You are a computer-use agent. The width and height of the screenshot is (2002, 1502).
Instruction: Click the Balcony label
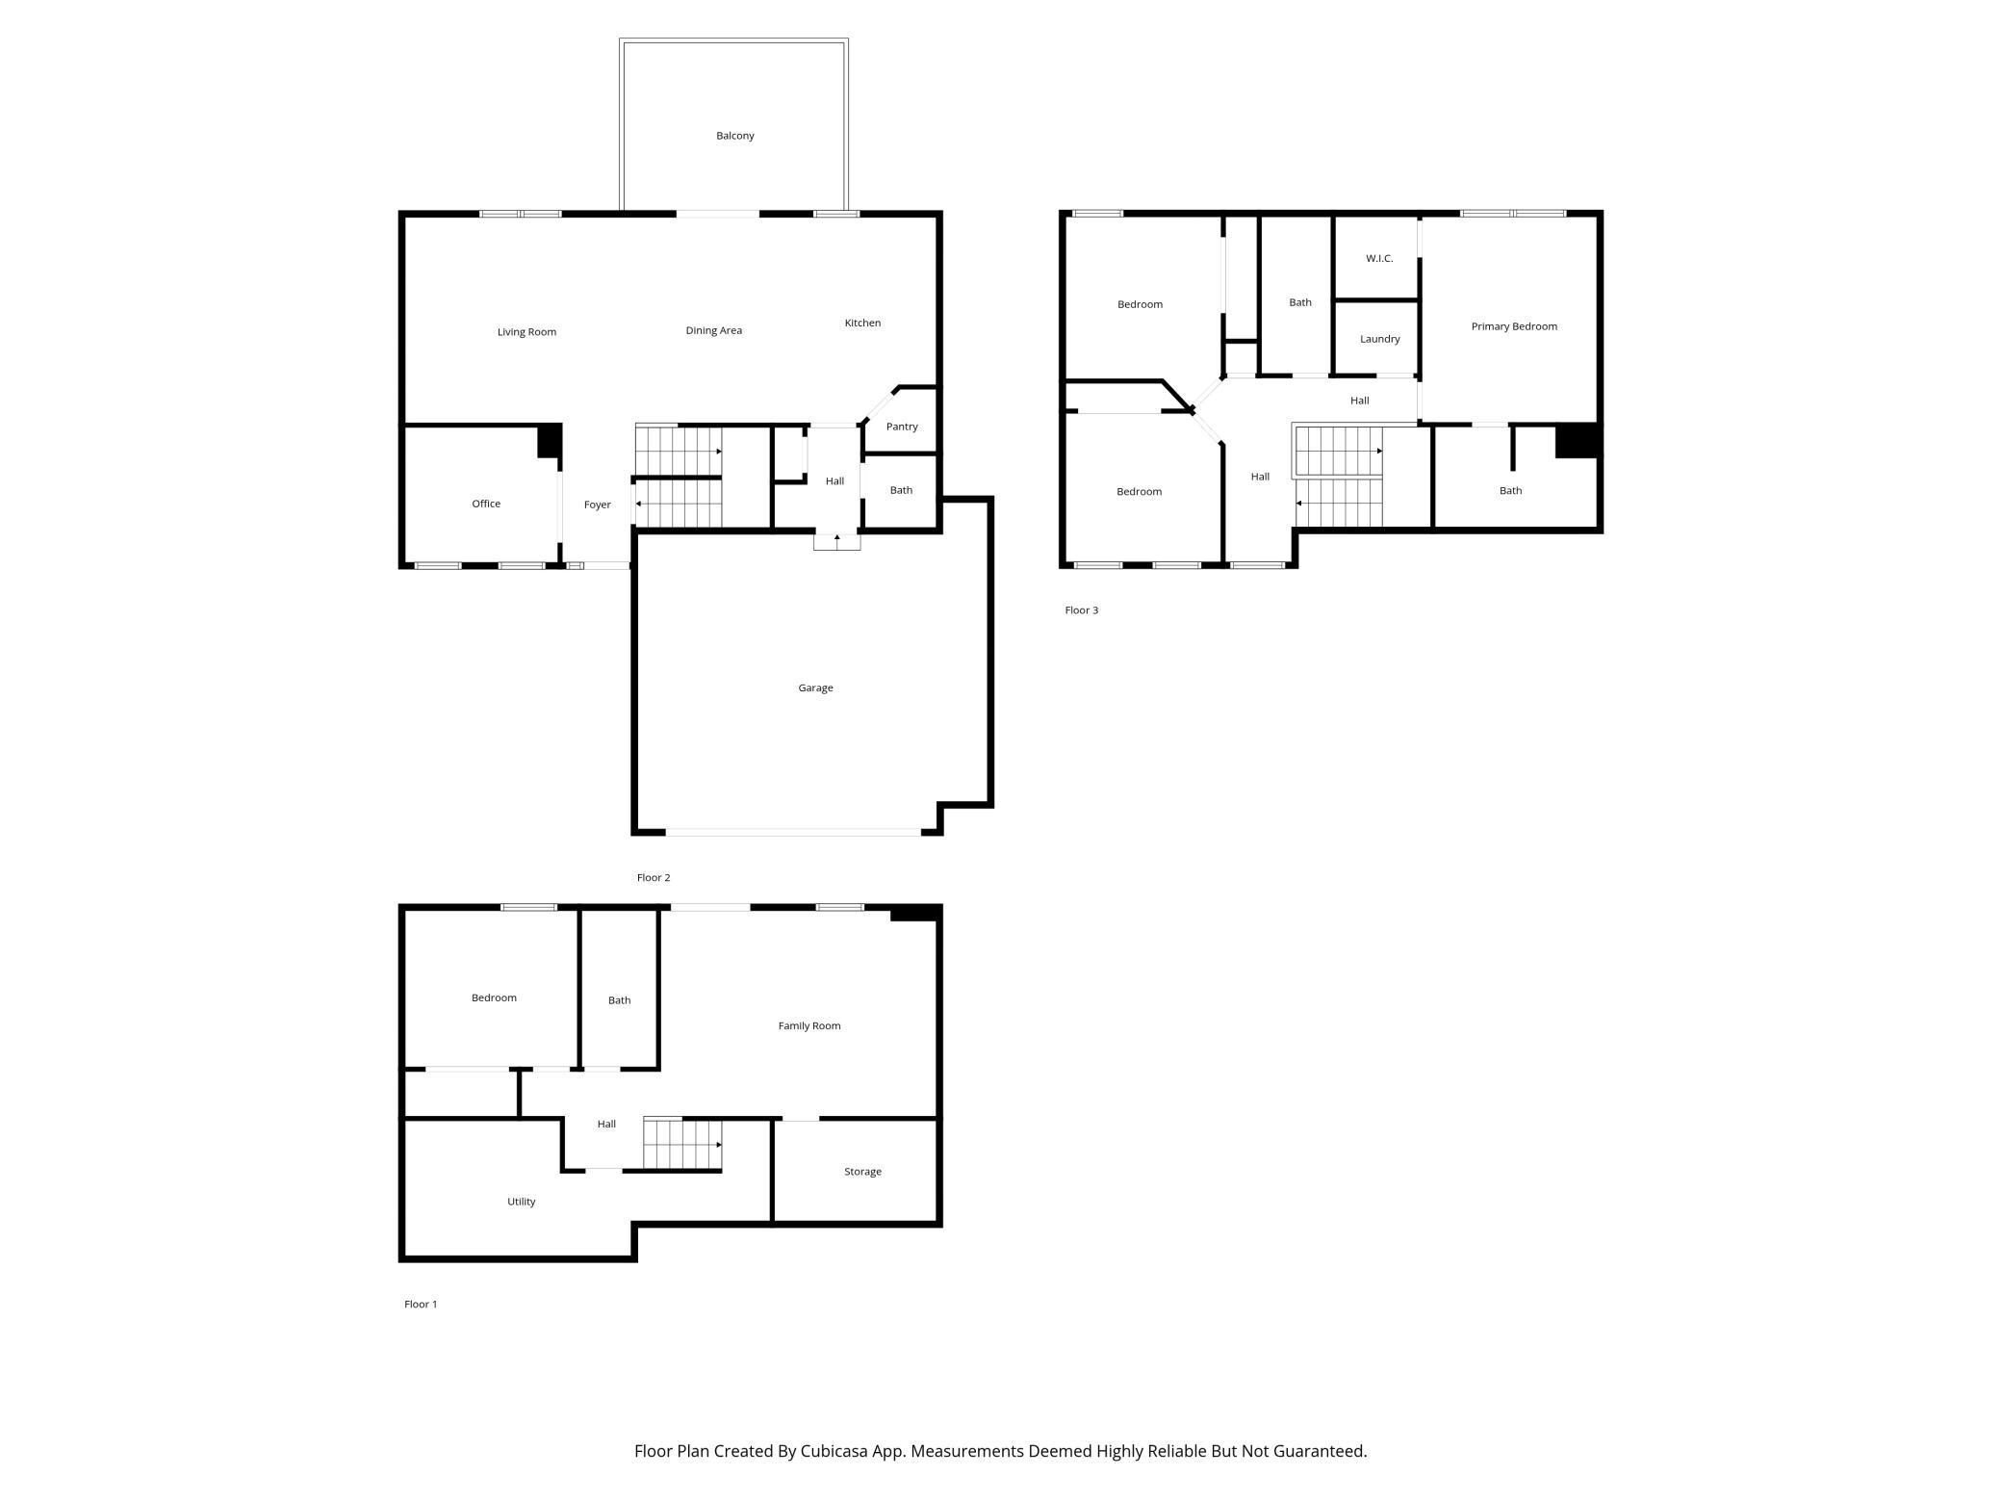[x=734, y=136]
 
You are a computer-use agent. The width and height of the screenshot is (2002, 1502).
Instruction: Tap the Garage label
[x=815, y=687]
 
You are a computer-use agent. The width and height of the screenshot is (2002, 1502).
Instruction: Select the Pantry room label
[x=902, y=427]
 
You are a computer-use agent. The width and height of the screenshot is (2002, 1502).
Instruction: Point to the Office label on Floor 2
[x=486, y=504]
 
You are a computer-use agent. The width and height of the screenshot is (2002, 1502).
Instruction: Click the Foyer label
[x=597, y=505]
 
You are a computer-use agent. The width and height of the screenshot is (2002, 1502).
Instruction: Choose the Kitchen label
[x=862, y=323]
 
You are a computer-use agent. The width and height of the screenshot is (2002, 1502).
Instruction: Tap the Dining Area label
[x=713, y=330]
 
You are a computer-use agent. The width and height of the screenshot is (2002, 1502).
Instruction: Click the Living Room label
[x=526, y=332]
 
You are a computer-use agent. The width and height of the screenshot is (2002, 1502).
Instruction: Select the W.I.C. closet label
[x=1379, y=258]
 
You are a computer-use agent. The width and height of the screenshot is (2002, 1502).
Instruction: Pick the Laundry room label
[x=1379, y=339]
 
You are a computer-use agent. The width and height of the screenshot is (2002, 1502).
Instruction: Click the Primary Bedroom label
[x=1514, y=326]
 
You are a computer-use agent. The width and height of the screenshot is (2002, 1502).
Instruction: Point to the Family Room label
[x=809, y=1025]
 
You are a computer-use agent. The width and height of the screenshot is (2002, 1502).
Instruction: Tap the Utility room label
[x=521, y=1202]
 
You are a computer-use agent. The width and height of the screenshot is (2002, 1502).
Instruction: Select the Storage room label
[x=862, y=1172]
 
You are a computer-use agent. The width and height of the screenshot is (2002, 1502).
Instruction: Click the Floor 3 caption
[x=1081, y=610]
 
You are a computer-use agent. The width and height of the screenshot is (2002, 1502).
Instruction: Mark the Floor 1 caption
[x=421, y=1305]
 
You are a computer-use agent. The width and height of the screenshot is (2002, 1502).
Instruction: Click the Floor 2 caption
[x=654, y=878]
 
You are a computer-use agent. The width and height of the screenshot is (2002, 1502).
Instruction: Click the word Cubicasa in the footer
[x=834, y=1451]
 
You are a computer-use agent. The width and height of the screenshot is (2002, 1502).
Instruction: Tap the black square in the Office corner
[x=549, y=441]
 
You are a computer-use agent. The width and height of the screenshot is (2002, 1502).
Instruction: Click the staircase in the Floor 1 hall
[x=682, y=1143]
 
